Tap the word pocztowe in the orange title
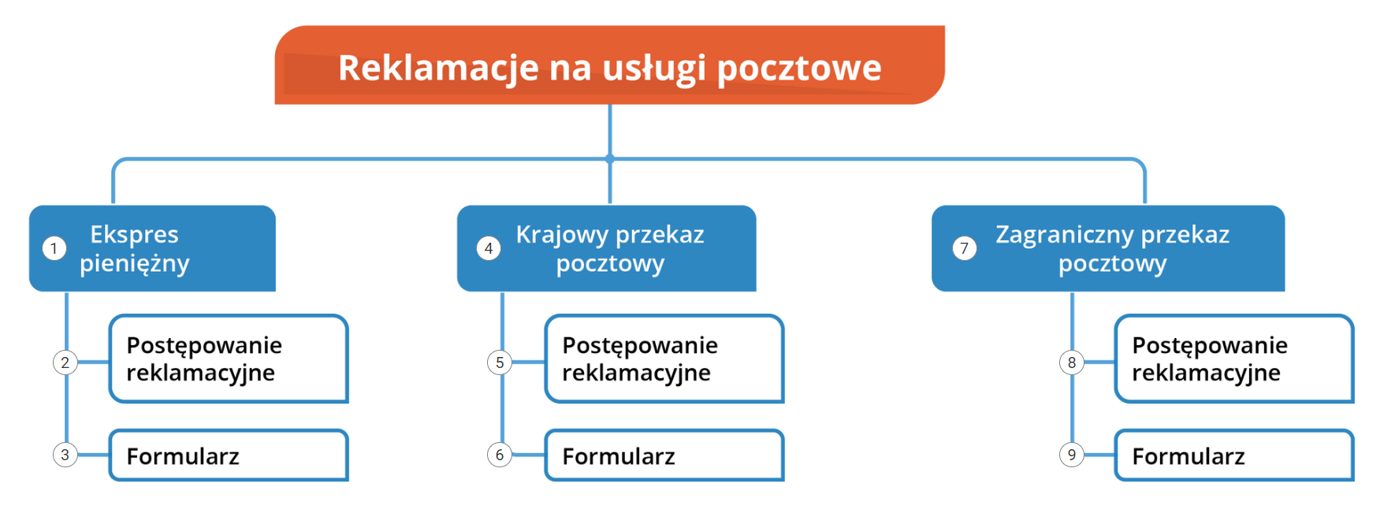click(x=799, y=68)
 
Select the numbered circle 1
click(x=54, y=249)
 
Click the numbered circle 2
click(x=65, y=362)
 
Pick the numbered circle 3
click(x=65, y=455)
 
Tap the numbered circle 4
click(x=489, y=249)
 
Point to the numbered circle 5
click(x=500, y=362)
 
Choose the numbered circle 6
click(x=500, y=455)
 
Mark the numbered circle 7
click(x=964, y=249)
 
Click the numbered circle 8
click(x=1072, y=362)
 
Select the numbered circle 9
click(x=1072, y=455)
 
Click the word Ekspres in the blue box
click(x=134, y=235)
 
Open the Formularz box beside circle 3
click(x=229, y=455)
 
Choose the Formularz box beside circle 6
click(x=664, y=455)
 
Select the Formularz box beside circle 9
click(x=1234, y=455)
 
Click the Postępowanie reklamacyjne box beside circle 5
click(x=664, y=359)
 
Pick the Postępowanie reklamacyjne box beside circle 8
click(x=1234, y=359)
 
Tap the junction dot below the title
click(x=610, y=158)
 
